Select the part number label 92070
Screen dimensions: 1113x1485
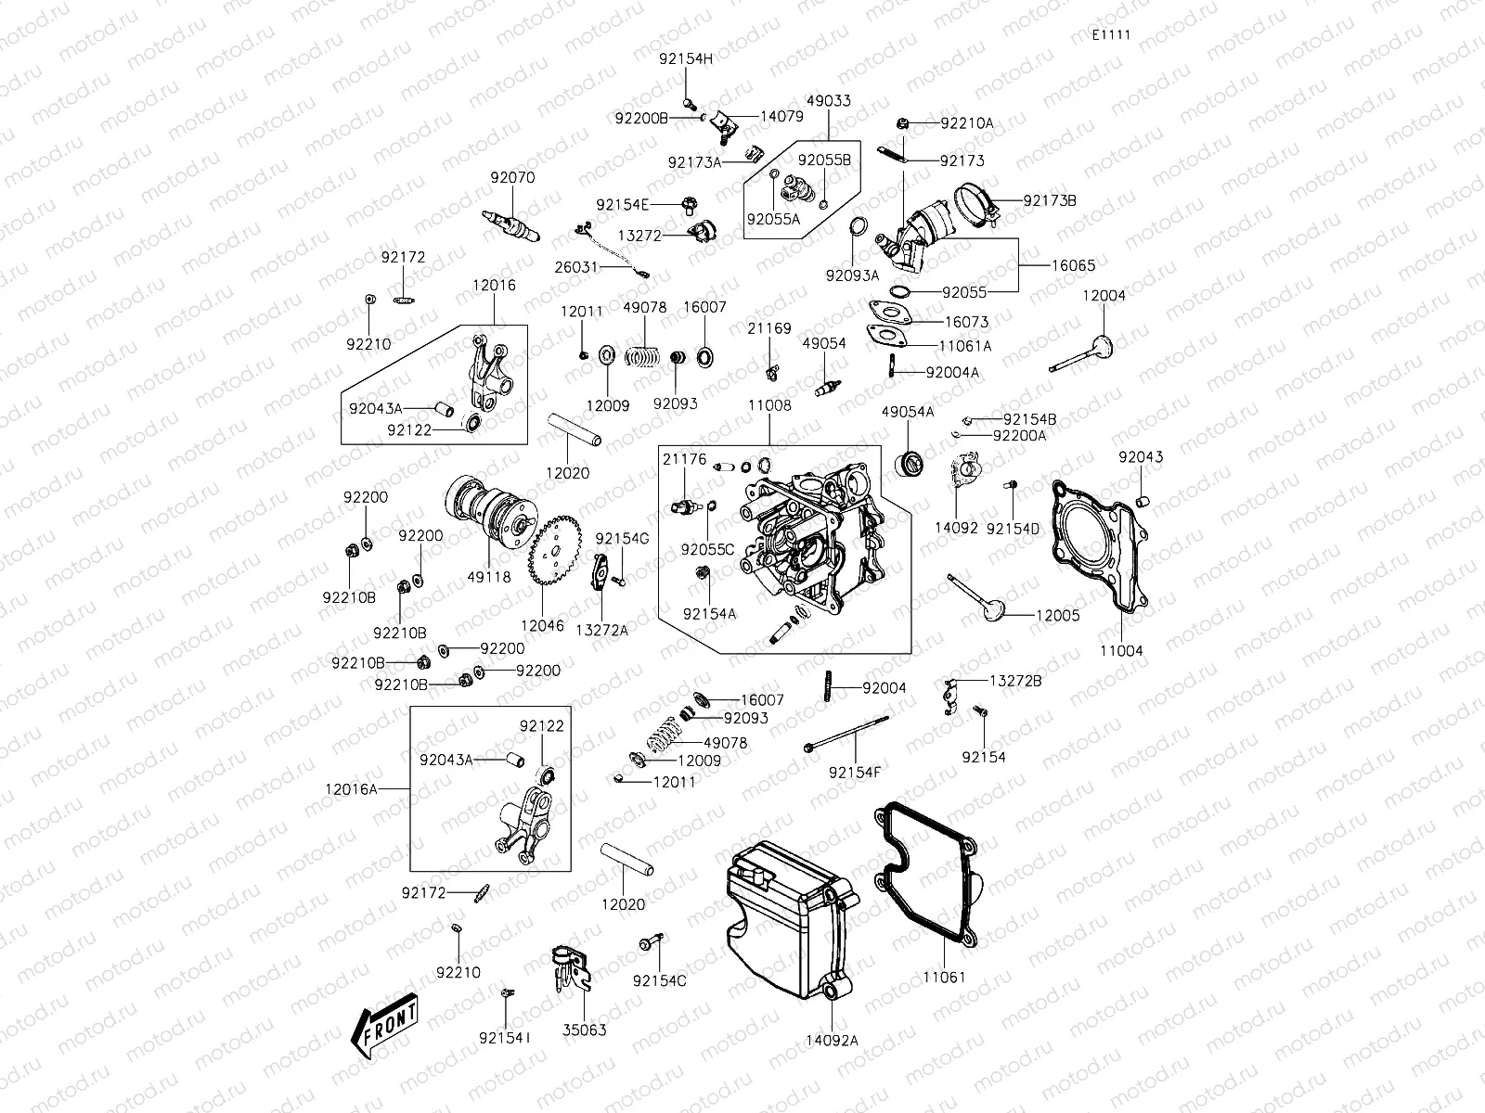[x=512, y=177]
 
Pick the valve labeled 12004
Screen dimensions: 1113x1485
[x=1084, y=357]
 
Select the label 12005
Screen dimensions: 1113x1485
[x=1057, y=615]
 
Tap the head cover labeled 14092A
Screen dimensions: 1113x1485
[x=789, y=918]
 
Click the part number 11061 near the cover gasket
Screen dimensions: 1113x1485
[x=944, y=977]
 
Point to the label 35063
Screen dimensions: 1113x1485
[x=584, y=1030]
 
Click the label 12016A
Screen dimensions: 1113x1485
[x=352, y=788]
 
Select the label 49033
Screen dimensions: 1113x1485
[x=828, y=100]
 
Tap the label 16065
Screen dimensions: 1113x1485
[x=1073, y=265]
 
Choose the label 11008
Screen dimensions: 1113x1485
[x=768, y=405]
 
